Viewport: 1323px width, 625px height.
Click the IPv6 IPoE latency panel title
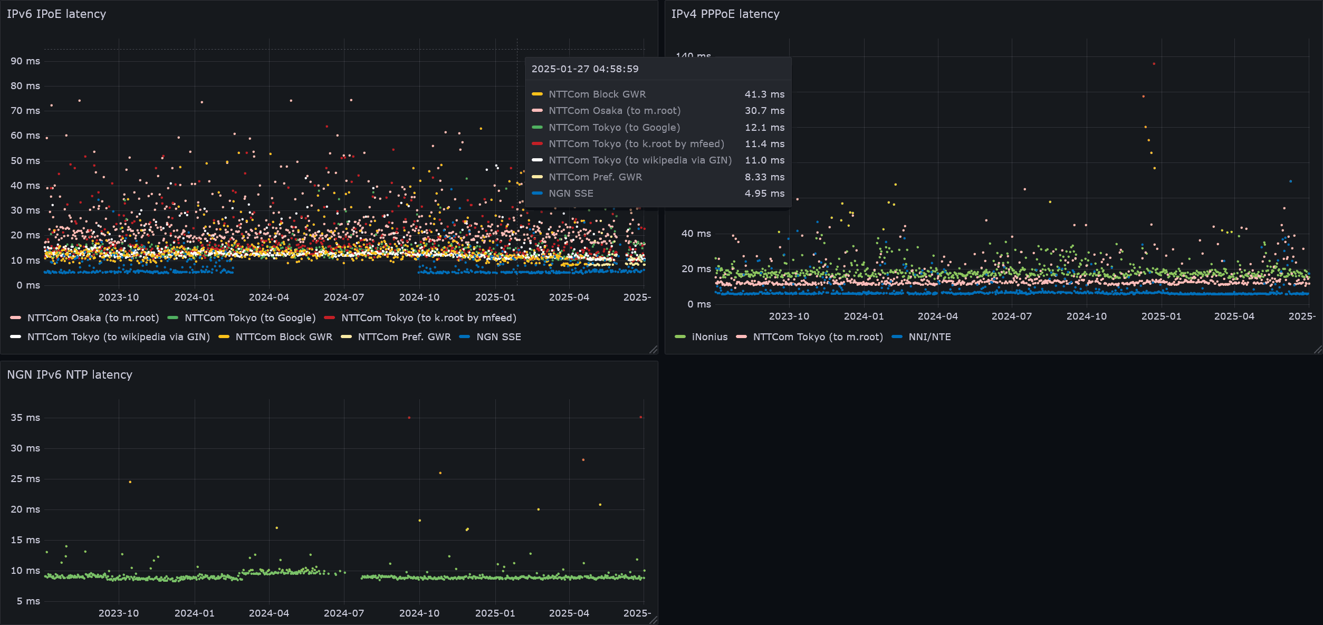coord(56,14)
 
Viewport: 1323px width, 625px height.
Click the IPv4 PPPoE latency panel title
coord(725,14)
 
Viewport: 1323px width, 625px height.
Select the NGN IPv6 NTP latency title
coord(70,375)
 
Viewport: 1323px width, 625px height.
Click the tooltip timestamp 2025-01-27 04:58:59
coord(584,69)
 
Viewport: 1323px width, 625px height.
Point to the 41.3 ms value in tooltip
coord(764,94)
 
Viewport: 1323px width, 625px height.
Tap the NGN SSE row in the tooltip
coord(571,194)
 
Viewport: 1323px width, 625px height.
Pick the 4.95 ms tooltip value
coord(764,194)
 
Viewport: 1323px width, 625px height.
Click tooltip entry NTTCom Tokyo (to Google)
coord(614,128)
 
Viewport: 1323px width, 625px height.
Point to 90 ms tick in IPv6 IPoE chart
coord(25,61)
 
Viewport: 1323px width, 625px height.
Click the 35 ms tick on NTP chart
coord(25,418)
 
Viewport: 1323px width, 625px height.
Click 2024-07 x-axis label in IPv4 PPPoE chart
coord(1011,316)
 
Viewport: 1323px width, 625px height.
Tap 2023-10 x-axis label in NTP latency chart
coord(119,613)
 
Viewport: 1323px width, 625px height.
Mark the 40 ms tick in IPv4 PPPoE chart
coord(696,234)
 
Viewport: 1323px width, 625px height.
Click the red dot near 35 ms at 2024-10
coord(409,418)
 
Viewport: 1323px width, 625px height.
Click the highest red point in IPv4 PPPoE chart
coord(1154,64)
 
